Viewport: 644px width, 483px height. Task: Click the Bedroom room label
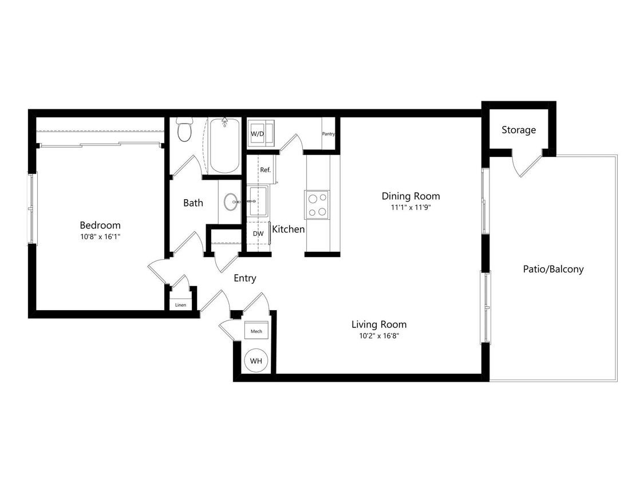click(x=100, y=225)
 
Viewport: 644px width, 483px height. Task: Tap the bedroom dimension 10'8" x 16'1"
click(x=100, y=236)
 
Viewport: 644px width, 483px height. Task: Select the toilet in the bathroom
click(x=184, y=130)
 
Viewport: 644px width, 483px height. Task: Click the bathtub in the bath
click(x=224, y=145)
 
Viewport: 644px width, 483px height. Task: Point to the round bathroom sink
click(x=231, y=201)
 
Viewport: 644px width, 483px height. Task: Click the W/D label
click(x=257, y=134)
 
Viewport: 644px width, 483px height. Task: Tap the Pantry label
click(x=328, y=134)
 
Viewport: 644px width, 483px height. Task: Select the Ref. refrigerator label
click(x=265, y=170)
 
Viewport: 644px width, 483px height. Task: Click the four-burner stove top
click(x=317, y=204)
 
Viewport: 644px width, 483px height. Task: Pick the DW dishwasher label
click(x=258, y=233)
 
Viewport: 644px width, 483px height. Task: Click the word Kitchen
click(x=288, y=229)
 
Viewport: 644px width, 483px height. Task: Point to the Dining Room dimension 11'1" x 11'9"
click(x=410, y=208)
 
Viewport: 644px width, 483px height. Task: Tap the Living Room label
click(x=379, y=324)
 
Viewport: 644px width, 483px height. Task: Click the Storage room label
click(x=519, y=130)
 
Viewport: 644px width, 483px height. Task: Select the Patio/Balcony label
click(x=553, y=269)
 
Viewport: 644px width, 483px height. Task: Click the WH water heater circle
click(x=255, y=361)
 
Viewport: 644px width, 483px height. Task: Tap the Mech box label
click(x=256, y=331)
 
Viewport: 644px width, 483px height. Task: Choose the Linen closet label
click(x=180, y=305)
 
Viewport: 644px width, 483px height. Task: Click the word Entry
click(x=245, y=279)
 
